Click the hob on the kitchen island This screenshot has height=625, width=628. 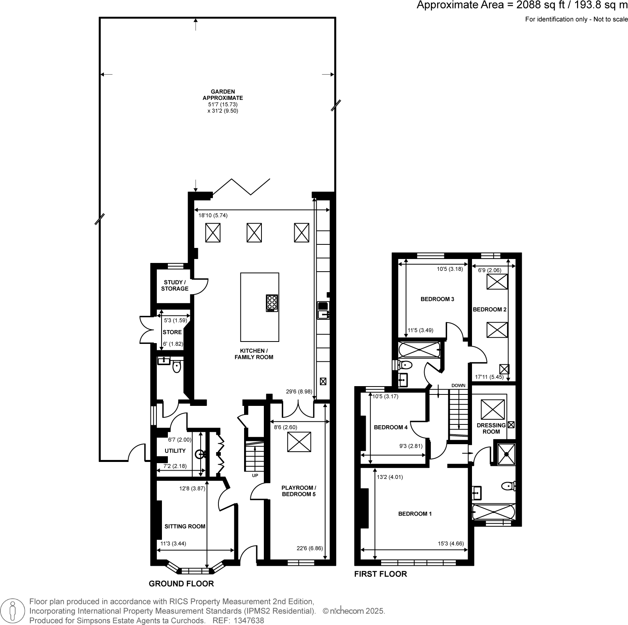272,303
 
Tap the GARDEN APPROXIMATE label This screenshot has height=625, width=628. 223,95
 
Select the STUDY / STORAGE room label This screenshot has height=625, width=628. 175,285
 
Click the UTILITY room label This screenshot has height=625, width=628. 175,451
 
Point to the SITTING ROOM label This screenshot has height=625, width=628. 185,526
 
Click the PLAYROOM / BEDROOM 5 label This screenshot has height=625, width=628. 299,491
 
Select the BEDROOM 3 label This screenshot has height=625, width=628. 437,299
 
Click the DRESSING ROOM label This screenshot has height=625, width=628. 491,428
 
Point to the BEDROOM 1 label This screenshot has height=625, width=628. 415,514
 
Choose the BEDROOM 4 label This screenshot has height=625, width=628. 391,427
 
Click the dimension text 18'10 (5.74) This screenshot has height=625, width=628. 213,216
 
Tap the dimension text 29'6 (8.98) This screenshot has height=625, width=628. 299,392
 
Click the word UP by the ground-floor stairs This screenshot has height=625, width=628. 255,475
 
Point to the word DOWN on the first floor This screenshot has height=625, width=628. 458,385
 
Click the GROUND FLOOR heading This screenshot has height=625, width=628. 181,584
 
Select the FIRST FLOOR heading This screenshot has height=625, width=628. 380,574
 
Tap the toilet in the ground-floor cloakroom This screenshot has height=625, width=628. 177,367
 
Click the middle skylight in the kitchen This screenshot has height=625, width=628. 254,233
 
